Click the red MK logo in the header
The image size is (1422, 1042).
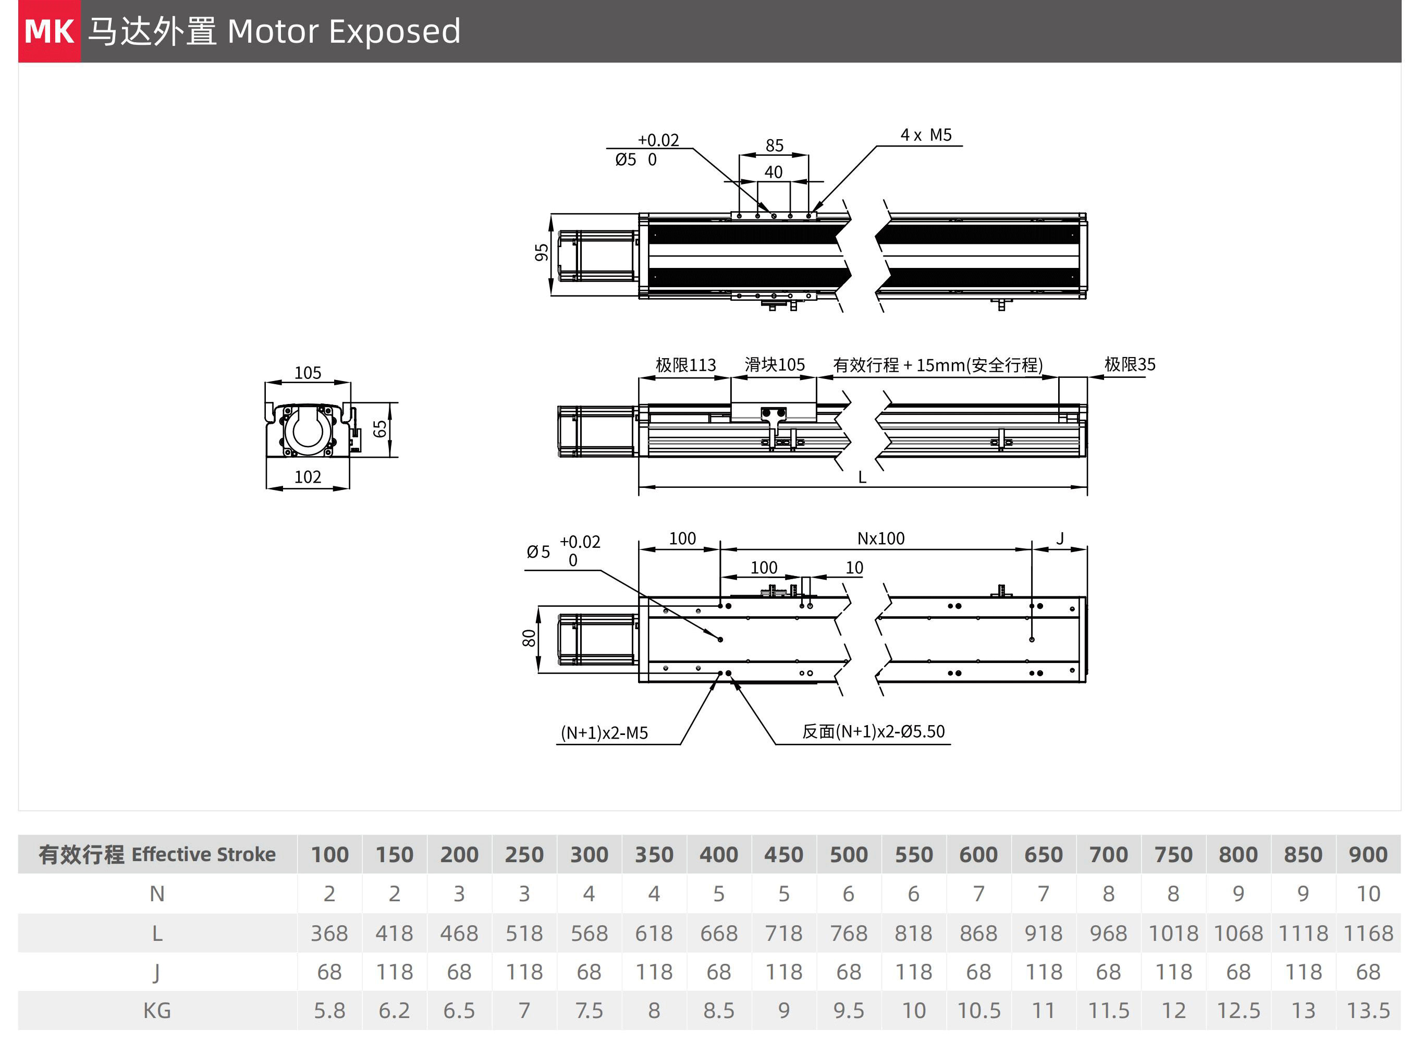pyautogui.click(x=49, y=31)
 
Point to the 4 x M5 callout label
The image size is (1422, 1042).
pyautogui.click(x=926, y=135)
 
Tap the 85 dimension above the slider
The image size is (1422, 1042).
pyautogui.click(x=775, y=146)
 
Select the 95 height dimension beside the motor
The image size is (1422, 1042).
pyautogui.click(x=542, y=252)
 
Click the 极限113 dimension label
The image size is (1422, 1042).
pyautogui.click(x=685, y=365)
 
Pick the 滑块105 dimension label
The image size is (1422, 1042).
pyautogui.click(x=775, y=364)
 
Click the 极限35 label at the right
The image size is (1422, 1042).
pyautogui.click(x=1130, y=364)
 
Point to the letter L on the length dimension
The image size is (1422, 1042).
pyautogui.click(x=862, y=477)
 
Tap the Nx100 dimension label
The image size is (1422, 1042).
pyautogui.click(x=880, y=538)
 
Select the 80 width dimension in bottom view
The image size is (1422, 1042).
pyautogui.click(x=529, y=639)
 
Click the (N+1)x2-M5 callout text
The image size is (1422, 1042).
pyautogui.click(x=604, y=733)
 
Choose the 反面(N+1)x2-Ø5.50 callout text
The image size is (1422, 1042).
pyautogui.click(x=874, y=732)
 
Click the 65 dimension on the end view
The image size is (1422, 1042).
pyautogui.click(x=379, y=429)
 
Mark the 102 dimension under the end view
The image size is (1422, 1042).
pyautogui.click(x=308, y=477)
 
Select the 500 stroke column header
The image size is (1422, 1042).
pyautogui.click(x=849, y=855)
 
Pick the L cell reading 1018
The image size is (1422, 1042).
pyautogui.click(x=1173, y=934)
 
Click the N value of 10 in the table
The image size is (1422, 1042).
pyautogui.click(x=1368, y=894)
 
